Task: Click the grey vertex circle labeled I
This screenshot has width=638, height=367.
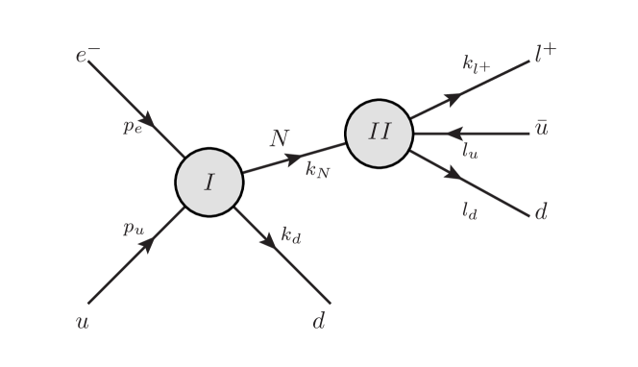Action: [209, 181]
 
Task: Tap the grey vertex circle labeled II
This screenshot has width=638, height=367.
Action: [379, 133]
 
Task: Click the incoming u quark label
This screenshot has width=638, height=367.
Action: [83, 322]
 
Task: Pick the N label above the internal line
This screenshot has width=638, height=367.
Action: [279, 138]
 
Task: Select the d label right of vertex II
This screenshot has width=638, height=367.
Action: [541, 211]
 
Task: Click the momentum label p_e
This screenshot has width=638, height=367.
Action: [133, 128]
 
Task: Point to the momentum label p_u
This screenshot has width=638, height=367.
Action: [133, 229]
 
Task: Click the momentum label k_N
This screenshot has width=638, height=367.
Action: [318, 174]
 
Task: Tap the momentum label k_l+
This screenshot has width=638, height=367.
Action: [476, 64]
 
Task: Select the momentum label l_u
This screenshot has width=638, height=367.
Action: [469, 150]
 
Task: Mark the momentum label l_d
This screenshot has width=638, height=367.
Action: [470, 210]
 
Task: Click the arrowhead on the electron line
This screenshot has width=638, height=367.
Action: [156, 129]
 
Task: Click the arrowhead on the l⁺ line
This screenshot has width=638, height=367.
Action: [456, 96]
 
